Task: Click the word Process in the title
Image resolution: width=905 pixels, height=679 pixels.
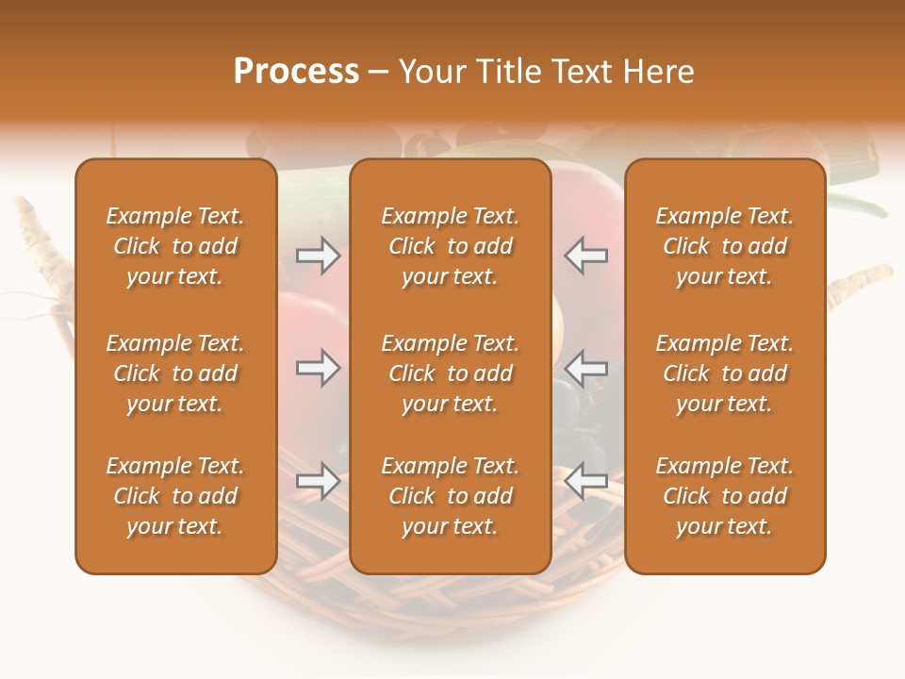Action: [296, 72]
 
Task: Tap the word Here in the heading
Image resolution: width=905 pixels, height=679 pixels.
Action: [658, 72]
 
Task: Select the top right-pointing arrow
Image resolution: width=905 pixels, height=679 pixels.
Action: [318, 256]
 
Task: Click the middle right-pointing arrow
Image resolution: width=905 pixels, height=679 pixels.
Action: [318, 368]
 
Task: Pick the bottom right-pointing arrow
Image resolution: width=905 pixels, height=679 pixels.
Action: [318, 481]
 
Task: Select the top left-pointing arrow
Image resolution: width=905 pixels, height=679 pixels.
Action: [586, 256]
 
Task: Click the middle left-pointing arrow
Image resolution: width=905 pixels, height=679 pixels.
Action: [586, 368]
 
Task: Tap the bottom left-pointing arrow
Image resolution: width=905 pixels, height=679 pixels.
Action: [586, 481]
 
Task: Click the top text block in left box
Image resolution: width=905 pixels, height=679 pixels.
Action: [175, 246]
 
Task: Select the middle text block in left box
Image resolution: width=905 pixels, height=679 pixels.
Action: [175, 373]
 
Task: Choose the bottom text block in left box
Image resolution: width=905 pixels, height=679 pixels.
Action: [175, 496]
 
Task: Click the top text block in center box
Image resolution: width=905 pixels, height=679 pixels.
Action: [450, 246]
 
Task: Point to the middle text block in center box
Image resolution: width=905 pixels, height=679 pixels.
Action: [450, 373]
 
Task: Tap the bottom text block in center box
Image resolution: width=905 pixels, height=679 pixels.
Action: [450, 496]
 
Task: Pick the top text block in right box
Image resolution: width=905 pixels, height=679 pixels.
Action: [725, 246]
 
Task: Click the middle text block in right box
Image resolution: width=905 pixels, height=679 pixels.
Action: [725, 373]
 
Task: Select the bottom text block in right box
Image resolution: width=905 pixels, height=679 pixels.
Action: [725, 496]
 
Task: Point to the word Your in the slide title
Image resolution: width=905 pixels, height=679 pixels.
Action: [433, 72]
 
